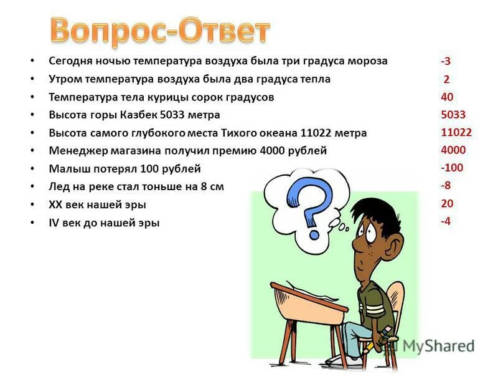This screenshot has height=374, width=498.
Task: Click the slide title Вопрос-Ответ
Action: pyautogui.click(x=160, y=30)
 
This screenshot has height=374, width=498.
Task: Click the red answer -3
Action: pyautogui.click(x=446, y=61)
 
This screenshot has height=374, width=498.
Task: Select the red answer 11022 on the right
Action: pyautogui.click(x=456, y=132)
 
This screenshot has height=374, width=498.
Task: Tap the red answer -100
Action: pyautogui.click(x=451, y=168)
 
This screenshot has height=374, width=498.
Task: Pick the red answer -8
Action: pyautogui.click(x=446, y=185)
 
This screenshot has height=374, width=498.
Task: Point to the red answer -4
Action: pyautogui.click(x=446, y=221)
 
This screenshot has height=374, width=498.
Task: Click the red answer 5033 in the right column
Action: pyautogui.click(x=453, y=115)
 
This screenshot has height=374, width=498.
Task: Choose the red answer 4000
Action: pyautogui.click(x=453, y=150)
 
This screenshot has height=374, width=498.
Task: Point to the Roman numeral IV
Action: pyautogui.click(x=54, y=223)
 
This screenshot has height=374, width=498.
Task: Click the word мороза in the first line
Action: pyautogui.click(x=367, y=61)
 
